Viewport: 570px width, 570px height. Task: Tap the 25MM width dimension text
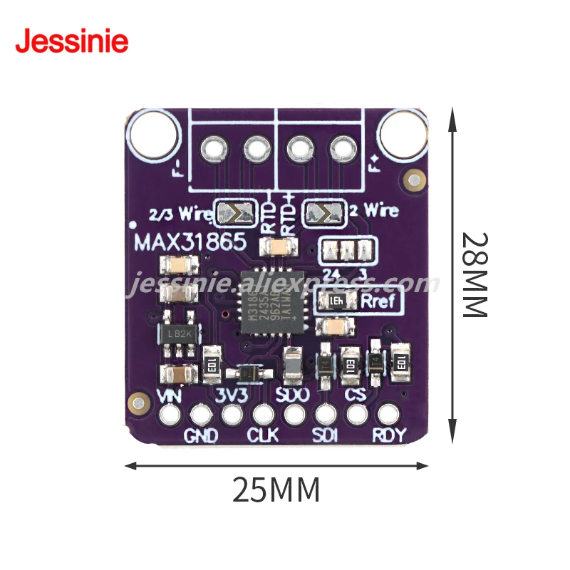point(276,489)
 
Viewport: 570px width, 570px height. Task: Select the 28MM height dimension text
point(473,274)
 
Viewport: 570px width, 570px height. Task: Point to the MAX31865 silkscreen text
point(190,242)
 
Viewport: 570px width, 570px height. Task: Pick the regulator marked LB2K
point(175,334)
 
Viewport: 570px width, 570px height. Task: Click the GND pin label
point(202,435)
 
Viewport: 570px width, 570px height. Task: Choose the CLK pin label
point(262,435)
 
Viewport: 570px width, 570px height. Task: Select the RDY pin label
point(388,435)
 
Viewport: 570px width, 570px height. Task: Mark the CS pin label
point(355,395)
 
